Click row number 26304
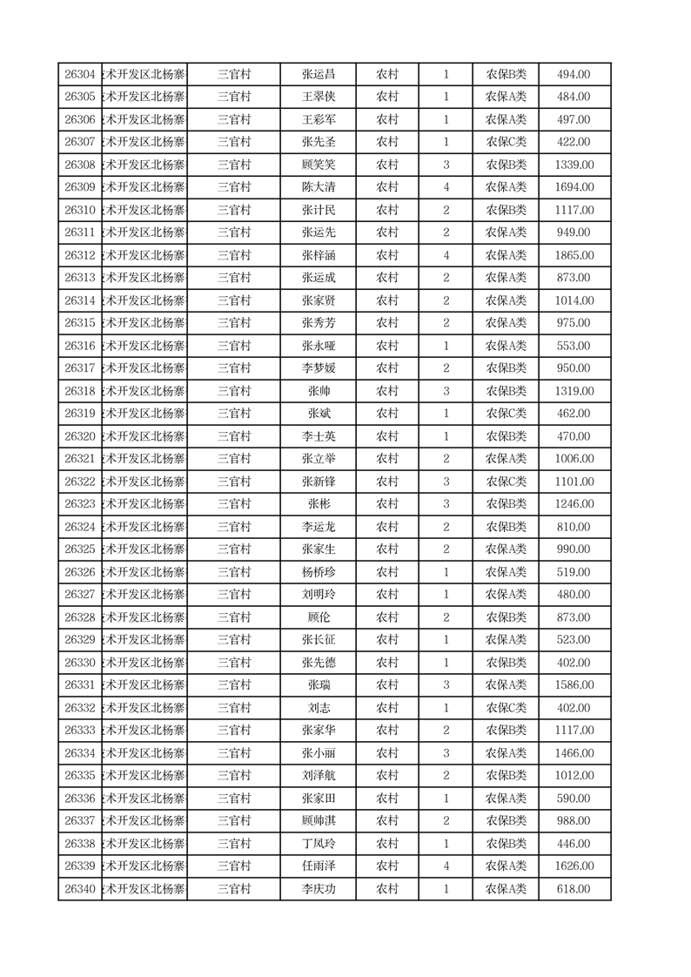(x=80, y=74)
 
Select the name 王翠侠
(x=318, y=97)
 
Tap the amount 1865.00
(x=574, y=255)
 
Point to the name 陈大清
(x=318, y=187)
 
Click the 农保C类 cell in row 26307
(x=506, y=142)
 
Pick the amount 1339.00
(x=574, y=165)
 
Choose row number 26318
(x=80, y=391)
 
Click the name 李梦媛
(x=318, y=368)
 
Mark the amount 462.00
(x=574, y=414)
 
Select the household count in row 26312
(x=446, y=255)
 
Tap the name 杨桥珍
(x=318, y=572)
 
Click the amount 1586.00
(x=574, y=685)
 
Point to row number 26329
(x=80, y=640)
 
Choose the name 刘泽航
(x=318, y=776)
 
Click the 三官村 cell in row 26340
(x=234, y=889)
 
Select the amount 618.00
(x=574, y=889)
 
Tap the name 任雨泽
(x=318, y=866)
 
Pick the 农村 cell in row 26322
(x=387, y=482)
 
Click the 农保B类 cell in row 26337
(x=506, y=821)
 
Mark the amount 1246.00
(x=574, y=504)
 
